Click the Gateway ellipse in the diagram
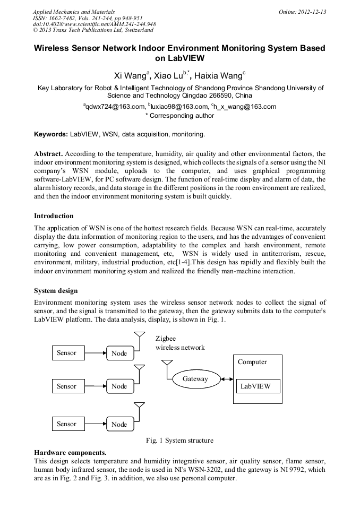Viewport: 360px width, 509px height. click(x=195, y=379)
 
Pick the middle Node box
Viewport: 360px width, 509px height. click(x=119, y=386)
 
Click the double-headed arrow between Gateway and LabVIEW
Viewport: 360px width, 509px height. click(x=228, y=379)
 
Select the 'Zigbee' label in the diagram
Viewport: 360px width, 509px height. click(x=165, y=339)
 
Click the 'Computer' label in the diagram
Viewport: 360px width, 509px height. click(x=252, y=362)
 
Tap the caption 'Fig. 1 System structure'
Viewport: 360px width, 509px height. click(x=179, y=441)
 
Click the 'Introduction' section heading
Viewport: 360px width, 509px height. click(x=54, y=216)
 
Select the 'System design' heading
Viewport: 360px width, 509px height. click(x=56, y=291)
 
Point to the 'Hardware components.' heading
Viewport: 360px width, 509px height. click(x=70, y=453)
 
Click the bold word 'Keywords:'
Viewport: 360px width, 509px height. click(x=51, y=134)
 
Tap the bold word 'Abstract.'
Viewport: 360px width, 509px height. click(x=49, y=153)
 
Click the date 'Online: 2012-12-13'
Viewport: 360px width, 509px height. click(x=302, y=12)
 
